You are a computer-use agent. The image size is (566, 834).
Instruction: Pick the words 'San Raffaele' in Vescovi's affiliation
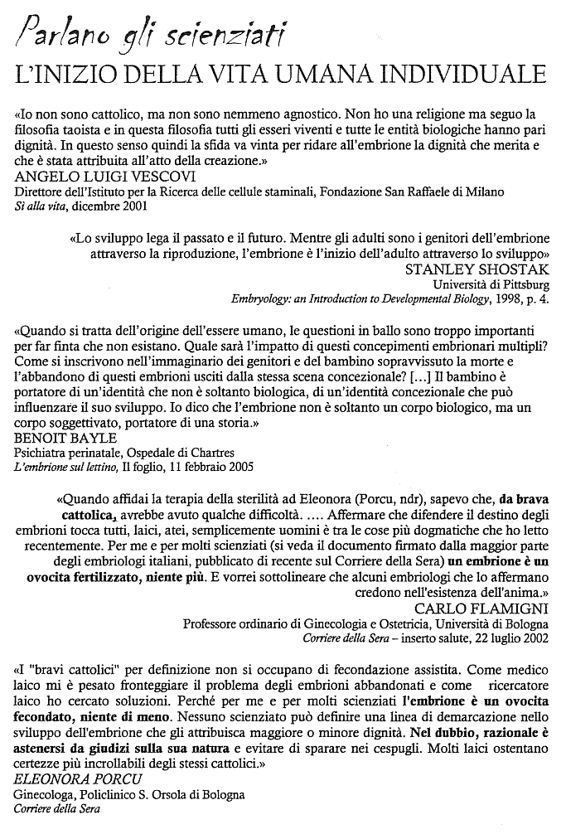coord(398,192)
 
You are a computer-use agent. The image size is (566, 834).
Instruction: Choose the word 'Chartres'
coord(213,452)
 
